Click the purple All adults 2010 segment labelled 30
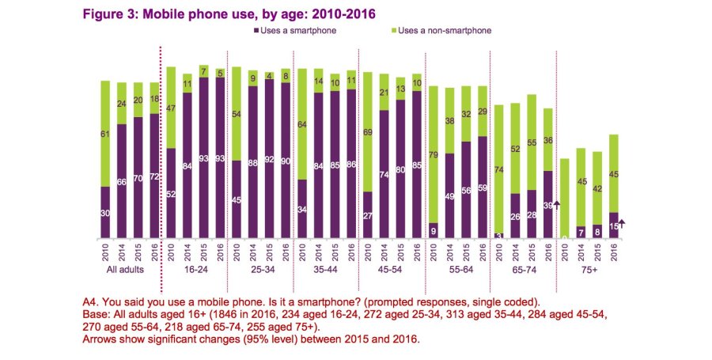(x=105, y=212)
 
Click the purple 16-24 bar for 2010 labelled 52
(x=171, y=192)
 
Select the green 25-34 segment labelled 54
(x=236, y=114)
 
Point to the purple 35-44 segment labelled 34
(x=301, y=209)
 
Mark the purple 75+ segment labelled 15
(x=612, y=225)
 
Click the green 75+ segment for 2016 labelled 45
(x=612, y=173)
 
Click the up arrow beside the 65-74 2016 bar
(x=556, y=205)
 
